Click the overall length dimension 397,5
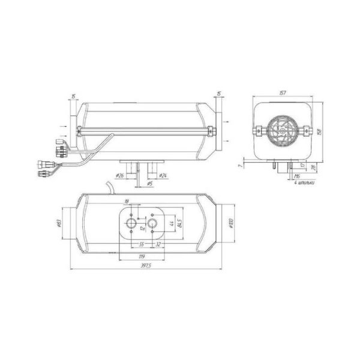pyautogui.click(x=143, y=265)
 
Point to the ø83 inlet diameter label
pyautogui.click(x=57, y=223)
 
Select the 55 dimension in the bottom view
pyautogui.click(x=142, y=245)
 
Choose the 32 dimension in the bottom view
pyautogui.click(x=157, y=245)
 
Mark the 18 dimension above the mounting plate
pyautogui.click(x=127, y=202)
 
